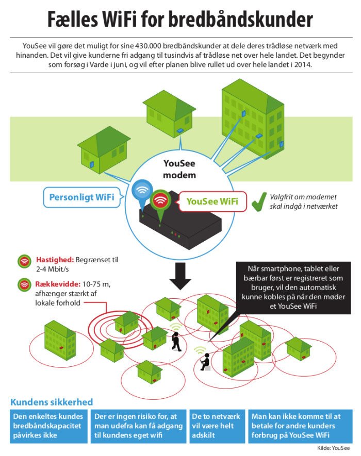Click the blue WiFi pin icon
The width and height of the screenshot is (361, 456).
[x=141, y=192]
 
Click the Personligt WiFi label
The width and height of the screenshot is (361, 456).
[x=81, y=197]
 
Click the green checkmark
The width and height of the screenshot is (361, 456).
[x=258, y=202]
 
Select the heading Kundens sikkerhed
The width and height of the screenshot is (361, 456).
[x=52, y=402]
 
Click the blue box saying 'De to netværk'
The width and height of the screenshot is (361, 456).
[x=216, y=425]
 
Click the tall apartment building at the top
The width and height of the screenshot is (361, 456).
[x=253, y=121]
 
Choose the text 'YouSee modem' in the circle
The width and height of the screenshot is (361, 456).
[x=179, y=170]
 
